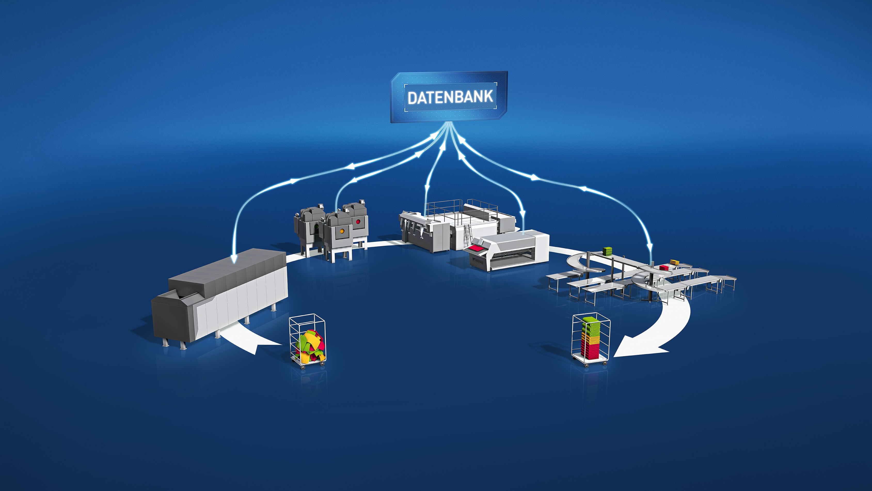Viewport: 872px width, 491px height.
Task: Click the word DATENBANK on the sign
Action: (x=450, y=97)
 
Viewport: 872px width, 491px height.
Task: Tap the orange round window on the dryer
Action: (x=342, y=231)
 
